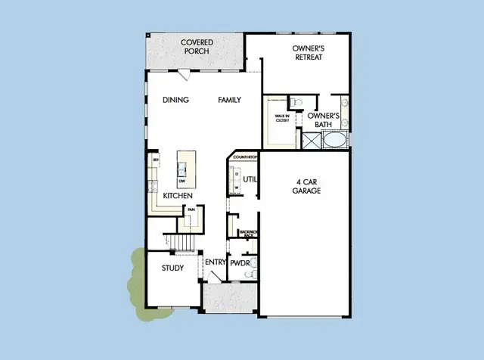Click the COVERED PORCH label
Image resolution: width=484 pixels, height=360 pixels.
197,47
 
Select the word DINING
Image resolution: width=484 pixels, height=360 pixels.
176,100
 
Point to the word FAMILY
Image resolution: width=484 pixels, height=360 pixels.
231,100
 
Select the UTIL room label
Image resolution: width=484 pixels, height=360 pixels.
251,179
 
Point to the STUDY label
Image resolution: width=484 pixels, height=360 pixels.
172,267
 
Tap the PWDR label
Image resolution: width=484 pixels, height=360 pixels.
240,263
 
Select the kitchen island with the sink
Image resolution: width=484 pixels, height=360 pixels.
184,169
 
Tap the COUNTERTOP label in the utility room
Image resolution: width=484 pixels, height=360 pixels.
246,157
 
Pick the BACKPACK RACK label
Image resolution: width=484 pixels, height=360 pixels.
247,233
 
